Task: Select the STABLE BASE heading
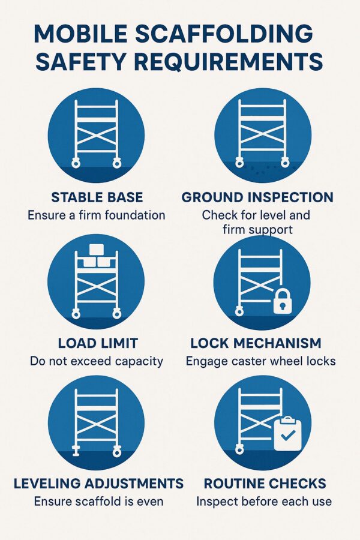[96, 197]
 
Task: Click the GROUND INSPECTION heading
[257, 197]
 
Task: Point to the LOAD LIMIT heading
[98, 343]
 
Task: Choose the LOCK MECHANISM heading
[256, 343]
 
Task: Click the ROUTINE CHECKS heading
[265, 484]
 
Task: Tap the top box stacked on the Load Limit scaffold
[96, 250]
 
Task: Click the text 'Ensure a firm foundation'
[96, 215]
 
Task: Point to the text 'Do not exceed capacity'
[96, 361]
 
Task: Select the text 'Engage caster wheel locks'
[260, 361]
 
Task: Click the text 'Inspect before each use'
[264, 501]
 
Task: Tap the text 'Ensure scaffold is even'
[98, 501]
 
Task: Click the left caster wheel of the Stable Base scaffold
[76, 163]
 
